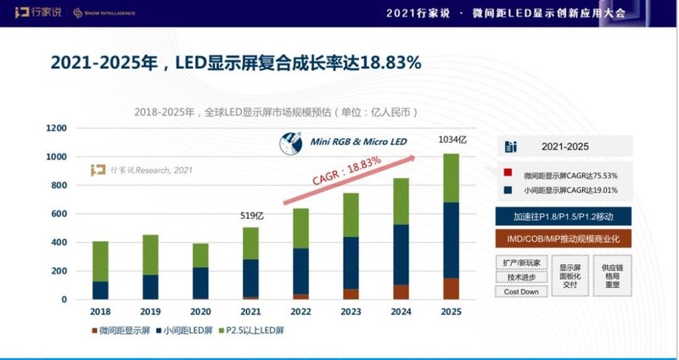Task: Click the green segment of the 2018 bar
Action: (x=100, y=261)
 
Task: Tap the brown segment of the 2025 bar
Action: (x=452, y=289)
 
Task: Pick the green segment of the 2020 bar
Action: (x=200, y=255)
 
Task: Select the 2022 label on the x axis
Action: (x=301, y=312)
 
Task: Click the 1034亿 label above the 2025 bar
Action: (x=452, y=140)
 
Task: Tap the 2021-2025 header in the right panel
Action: (x=564, y=146)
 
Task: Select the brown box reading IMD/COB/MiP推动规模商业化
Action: (x=564, y=239)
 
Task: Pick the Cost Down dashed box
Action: (x=520, y=291)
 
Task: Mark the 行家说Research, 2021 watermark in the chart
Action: (x=143, y=170)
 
